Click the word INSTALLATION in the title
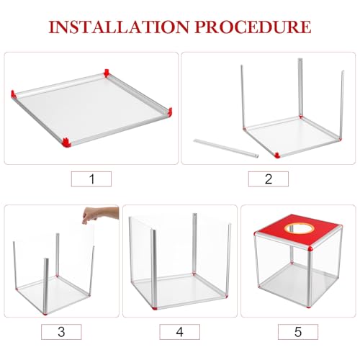click(x=119, y=27)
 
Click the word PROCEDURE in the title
click(x=253, y=27)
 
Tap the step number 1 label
click(x=91, y=179)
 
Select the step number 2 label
click(x=269, y=179)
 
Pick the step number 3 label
click(x=61, y=332)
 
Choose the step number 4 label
click(x=179, y=332)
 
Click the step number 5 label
click(x=298, y=332)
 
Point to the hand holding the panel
click(x=100, y=215)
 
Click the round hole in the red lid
click(x=300, y=228)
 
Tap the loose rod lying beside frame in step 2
click(x=226, y=148)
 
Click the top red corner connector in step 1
click(x=107, y=73)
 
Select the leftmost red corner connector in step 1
click(x=14, y=94)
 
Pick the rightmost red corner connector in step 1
click(x=170, y=112)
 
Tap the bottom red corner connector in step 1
click(x=66, y=143)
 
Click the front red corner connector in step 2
click(x=277, y=156)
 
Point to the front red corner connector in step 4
click(x=155, y=307)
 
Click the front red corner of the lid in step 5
click(x=310, y=248)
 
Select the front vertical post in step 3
click(x=46, y=286)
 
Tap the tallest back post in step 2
click(x=300, y=88)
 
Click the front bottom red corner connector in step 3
click(x=45, y=313)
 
